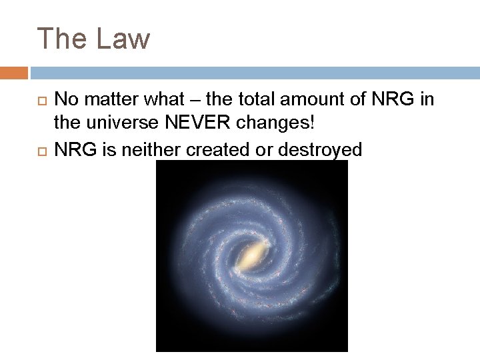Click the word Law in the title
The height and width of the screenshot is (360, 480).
123,39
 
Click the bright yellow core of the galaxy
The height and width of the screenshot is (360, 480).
251,255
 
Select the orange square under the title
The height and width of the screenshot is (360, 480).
14,73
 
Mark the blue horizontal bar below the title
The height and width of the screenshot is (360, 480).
254,73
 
